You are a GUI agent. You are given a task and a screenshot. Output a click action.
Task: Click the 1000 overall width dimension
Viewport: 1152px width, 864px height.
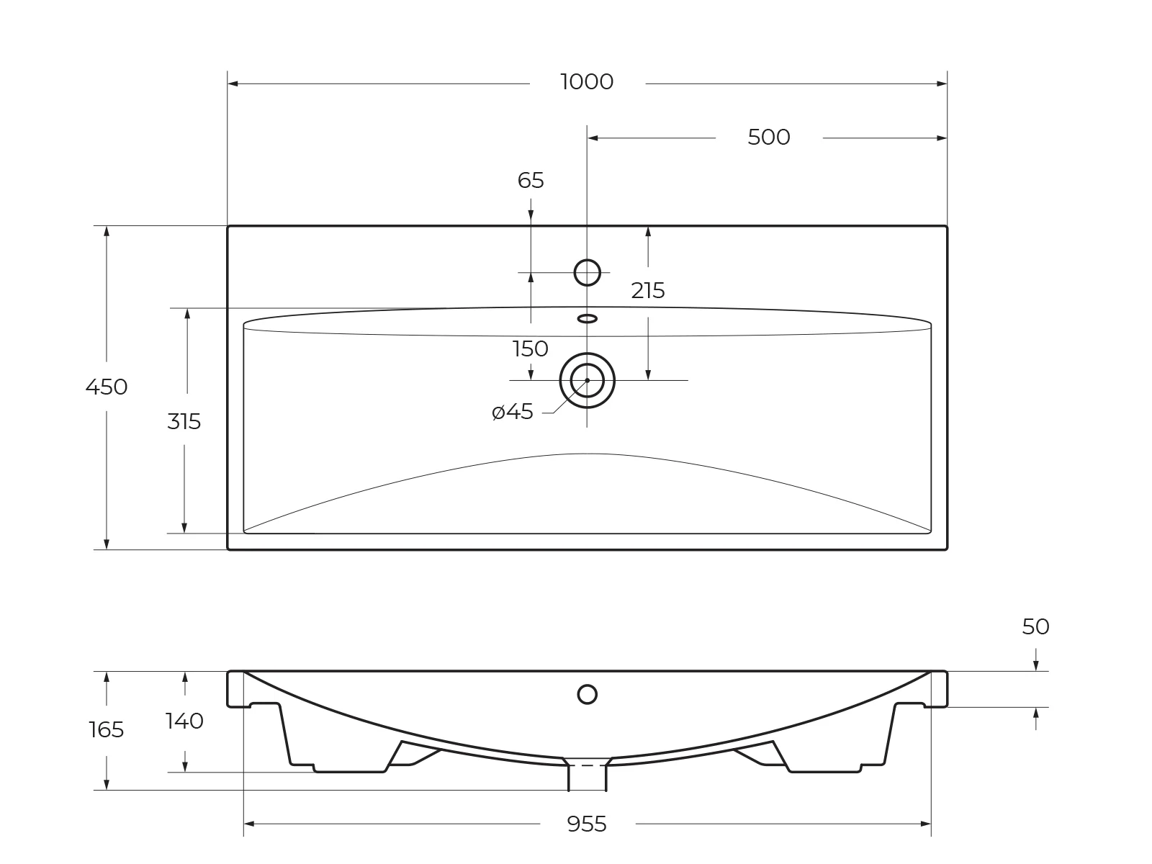[x=587, y=82]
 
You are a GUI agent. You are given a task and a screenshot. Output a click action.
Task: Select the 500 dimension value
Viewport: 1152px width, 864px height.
[x=769, y=138]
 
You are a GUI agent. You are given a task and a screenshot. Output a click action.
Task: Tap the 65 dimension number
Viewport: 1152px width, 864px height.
[x=531, y=181]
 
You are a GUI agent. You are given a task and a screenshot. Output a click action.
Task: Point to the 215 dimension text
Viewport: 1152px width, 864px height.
[x=647, y=291]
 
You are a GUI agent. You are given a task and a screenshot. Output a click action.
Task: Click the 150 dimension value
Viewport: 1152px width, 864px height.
[x=531, y=349]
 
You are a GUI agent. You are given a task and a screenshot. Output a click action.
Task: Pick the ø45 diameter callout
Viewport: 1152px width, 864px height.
[x=513, y=412]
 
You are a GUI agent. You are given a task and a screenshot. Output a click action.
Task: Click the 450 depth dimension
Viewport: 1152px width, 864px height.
[x=107, y=387]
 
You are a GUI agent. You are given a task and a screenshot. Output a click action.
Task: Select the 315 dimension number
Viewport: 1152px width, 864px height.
[x=184, y=422]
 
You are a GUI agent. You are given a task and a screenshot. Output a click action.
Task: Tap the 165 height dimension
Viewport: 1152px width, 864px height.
[x=107, y=729]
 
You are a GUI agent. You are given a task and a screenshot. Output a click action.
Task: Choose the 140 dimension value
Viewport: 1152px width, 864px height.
[x=185, y=721]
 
